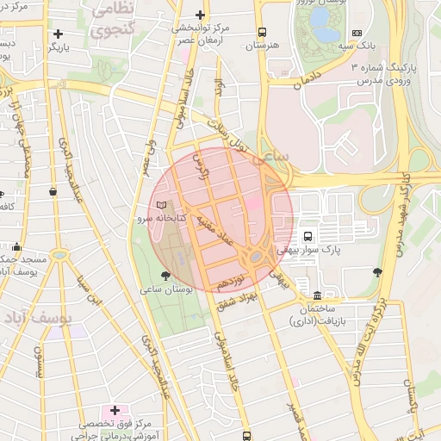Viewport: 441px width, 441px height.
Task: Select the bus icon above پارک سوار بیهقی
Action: pyautogui.click(x=308, y=236)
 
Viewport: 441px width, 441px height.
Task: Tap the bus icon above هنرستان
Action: pyautogui.click(x=262, y=32)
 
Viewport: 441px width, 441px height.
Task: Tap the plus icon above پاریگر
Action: pyautogui.click(x=58, y=34)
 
